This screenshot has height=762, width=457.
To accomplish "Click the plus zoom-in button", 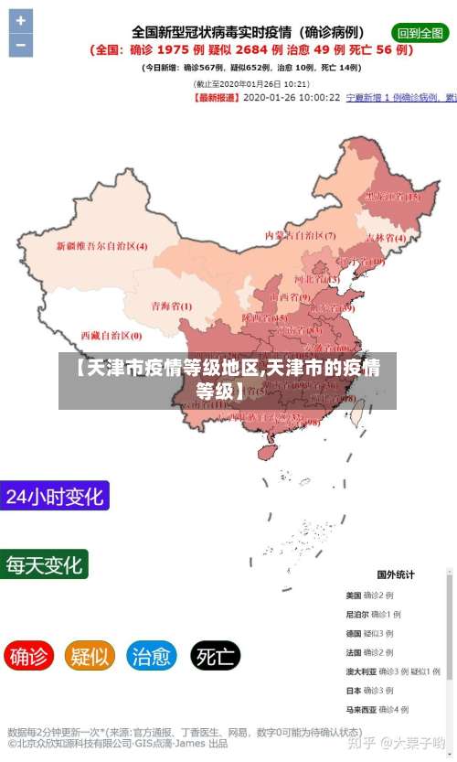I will (x=20, y=21).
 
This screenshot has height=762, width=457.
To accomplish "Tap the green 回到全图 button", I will (x=420, y=32).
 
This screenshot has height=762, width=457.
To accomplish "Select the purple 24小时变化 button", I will (x=55, y=497).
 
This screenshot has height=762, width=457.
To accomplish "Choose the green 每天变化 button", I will (x=45, y=563).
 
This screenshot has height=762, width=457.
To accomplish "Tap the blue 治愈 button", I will (x=152, y=655).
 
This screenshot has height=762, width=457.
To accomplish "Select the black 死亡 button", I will (x=216, y=655).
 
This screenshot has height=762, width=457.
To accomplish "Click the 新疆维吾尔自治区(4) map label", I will (x=101, y=245).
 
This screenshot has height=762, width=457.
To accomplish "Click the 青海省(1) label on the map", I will (x=171, y=306).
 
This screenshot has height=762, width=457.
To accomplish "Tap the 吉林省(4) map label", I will (x=386, y=237).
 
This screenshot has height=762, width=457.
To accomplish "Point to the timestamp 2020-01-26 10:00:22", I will (x=292, y=96).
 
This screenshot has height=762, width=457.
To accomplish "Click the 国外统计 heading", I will (x=396, y=574).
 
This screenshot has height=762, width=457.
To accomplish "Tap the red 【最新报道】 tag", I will (x=218, y=96).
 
